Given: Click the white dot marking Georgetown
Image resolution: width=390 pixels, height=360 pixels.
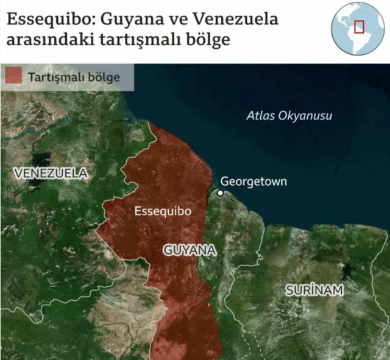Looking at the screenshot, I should [x=221, y=193].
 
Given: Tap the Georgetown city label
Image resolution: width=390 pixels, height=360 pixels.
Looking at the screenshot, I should [x=253, y=182].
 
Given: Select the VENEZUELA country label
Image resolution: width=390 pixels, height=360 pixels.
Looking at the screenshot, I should [x=51, y=174].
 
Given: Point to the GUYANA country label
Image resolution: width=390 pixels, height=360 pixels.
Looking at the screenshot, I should [x=190, y=250].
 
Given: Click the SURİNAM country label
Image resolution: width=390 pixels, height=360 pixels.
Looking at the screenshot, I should [x=314, y=291].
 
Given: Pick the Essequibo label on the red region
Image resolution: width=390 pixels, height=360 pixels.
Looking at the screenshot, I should [x=162, y=211].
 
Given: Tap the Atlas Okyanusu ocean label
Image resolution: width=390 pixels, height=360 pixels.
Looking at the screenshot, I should [x=289, y=116].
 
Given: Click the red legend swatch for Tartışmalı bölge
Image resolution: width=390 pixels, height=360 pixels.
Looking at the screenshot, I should [x=13, y=77].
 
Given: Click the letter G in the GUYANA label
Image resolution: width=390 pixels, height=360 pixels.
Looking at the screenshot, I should [x=168, y=250].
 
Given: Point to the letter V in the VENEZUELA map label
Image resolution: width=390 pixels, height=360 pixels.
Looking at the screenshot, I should [x=18, y=174].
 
